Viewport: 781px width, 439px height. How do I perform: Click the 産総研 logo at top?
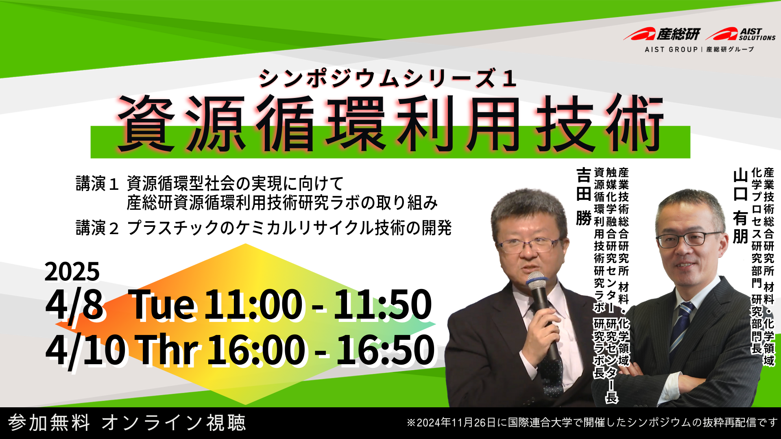pyautogui.click(x=662, y=34)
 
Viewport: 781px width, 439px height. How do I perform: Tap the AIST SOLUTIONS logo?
pyautogui.click(x=740, y=34)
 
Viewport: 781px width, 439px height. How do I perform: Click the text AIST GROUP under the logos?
pyautogui.click(x=671, y=49)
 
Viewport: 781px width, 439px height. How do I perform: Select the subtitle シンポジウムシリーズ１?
pyautogui.click(x=388, y=78)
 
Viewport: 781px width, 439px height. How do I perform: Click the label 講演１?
pyautogui.click(x=97, y=184)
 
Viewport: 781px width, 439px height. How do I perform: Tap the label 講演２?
pyautogui.click(x=97, y=228)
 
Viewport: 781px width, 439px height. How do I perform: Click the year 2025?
pyautogui.click(x=72, y=271)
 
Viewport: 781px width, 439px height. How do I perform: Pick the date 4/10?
pyautogui.click(x=86, y=350)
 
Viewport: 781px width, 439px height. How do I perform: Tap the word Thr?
pyautogui.click(x=168, y=350)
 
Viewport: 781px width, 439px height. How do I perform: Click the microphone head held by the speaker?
pyautogui.click(x=537, y=280)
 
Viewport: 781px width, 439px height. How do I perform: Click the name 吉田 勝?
pyautogui.click(x=584, y=197)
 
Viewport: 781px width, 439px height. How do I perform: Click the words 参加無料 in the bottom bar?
pyautogui.click(x=49, y=423)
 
